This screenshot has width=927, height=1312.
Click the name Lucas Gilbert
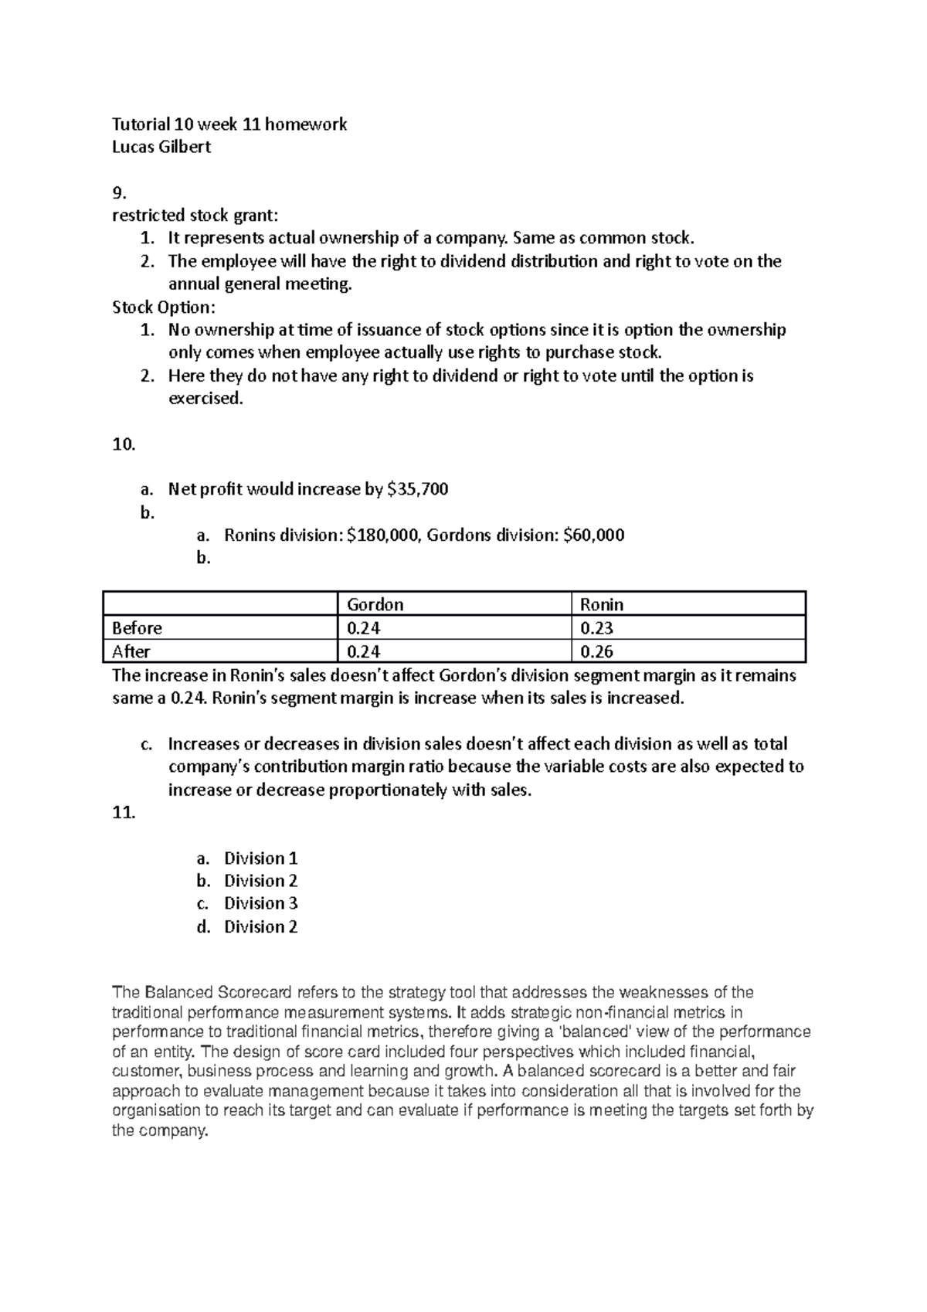pos(161,147)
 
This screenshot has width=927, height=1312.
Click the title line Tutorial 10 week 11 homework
pos(229,124)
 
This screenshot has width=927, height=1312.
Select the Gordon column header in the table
pos(375,604)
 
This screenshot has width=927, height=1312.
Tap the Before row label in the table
pos(137,628)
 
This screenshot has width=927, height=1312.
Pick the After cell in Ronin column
pos(596,651)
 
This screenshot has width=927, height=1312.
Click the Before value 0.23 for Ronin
pos(596,628)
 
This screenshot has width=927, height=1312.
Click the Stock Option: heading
pos(164,308)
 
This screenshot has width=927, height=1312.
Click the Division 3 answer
pos(260,903)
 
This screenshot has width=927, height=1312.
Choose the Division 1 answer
pos(260,858)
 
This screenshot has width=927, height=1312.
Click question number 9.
pos(118,192)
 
